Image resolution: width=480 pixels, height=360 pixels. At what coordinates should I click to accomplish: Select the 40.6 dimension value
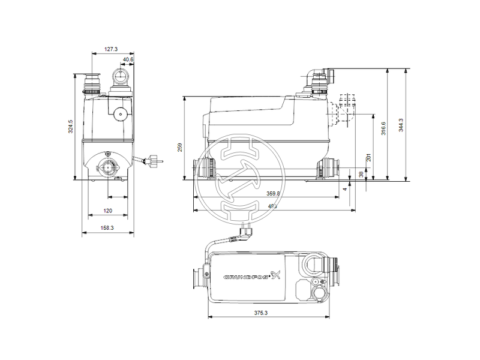[128, 59]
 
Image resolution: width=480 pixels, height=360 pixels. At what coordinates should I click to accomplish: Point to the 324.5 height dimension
[70, 127]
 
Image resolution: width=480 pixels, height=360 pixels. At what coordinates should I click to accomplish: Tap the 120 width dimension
[108, 211]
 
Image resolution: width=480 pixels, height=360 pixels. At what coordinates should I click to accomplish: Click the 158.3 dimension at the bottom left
[108, 229]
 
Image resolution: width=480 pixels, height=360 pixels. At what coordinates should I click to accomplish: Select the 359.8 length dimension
[274, 193]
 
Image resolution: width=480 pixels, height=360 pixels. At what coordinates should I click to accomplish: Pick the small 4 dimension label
[346, 188]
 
